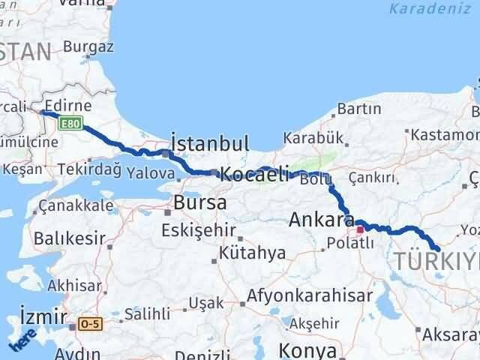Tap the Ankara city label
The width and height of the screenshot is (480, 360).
(x=322, y=220)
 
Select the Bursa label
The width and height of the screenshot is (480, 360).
(x=199, y=202)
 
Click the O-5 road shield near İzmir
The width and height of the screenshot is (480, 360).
(x=89, y=324)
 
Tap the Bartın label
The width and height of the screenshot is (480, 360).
(x=359, y=109)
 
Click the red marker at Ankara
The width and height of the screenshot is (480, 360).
(x=361, y=230)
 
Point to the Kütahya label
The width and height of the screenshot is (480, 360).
(x=253, y=253)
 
